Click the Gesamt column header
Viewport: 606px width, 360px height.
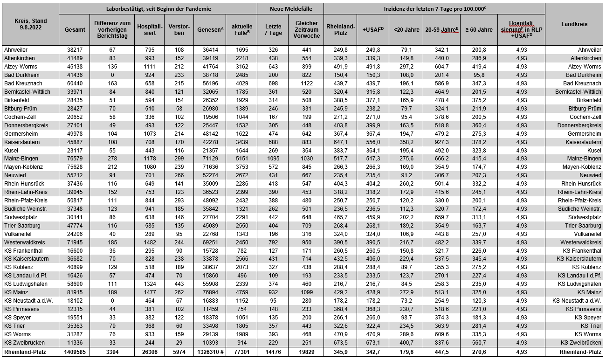tap(75, 30)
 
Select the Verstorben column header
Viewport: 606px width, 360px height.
tap(179, 30)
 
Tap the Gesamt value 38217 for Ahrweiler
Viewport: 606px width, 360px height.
tap(75, 50)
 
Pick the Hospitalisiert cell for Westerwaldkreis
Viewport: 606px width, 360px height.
tap(149, 242)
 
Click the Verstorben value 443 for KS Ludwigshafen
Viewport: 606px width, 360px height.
tap(179, 284)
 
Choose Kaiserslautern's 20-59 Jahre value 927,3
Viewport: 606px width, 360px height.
tap(441, 142)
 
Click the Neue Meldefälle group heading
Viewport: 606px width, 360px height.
tap(290, 9)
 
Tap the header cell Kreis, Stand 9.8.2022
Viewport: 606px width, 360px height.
tap(30, 24)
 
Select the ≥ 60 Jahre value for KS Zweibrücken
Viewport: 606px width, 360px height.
tap(479, 343)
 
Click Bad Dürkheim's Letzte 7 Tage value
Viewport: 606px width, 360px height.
tap(273, 75)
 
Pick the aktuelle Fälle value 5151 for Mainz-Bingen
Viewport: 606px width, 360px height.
tap(241, 159)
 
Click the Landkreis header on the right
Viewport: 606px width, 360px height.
tap(574, 24)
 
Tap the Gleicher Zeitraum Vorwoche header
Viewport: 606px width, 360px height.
tap(306, 30)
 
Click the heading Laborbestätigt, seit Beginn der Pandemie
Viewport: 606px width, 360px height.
tap(158, 9)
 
